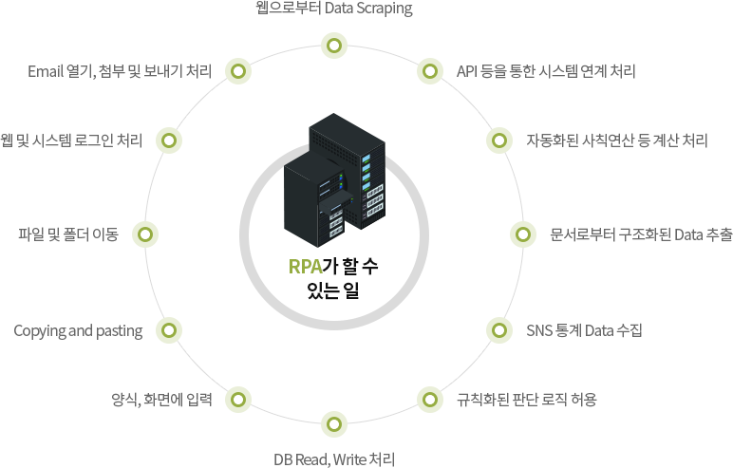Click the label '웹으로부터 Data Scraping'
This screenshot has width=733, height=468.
click(x=334, y=9)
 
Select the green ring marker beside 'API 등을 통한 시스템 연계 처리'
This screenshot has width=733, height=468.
click(x=429, y=71)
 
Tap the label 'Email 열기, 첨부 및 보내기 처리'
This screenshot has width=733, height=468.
click(x=120, y=71)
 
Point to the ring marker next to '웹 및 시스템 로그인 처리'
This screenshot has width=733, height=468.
click(x=169, y=140)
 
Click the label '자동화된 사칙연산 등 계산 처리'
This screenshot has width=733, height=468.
click(x=617, y=140)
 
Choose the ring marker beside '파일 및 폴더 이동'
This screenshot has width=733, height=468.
click(x=145, y=234)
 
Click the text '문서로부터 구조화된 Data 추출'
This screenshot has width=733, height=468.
click(x=642, y=234)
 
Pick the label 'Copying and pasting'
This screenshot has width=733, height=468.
click(x=78, y=331)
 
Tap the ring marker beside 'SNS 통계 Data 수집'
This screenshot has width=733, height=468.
click(x=499, y=330)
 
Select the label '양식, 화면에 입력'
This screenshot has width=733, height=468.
click(x=161, y=400)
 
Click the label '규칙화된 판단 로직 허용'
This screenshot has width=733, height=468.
click(x=527, y=400)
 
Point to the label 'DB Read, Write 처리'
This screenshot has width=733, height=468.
click(x=334, y=459)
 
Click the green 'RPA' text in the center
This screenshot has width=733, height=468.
click(x=306, y=267)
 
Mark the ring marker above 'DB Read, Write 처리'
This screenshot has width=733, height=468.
click(x=334, y=424)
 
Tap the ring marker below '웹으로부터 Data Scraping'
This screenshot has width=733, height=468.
click(x=334, y=46)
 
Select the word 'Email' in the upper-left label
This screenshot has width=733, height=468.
click(x=46, y=71)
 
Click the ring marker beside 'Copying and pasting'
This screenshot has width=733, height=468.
click(x=169, y=330)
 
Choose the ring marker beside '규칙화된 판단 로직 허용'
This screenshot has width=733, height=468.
click(x=429, y=400)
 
